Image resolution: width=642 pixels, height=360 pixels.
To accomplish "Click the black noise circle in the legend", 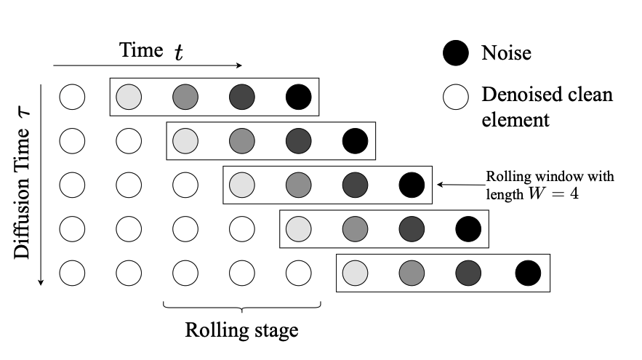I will coord(456,52).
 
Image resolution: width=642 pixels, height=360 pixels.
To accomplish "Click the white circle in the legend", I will coord(456,95).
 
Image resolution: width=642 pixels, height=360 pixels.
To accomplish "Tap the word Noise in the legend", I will coord(506,52).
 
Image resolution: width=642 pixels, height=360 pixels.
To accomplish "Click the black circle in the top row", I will coord(299,96).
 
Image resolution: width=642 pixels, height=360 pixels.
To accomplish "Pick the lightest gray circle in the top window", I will coord(129,96).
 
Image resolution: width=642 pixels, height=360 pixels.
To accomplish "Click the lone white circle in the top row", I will coord(72,96).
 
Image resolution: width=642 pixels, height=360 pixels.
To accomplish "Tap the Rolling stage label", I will coord(241,331).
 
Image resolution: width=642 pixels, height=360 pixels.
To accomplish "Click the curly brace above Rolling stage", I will coord(241,306).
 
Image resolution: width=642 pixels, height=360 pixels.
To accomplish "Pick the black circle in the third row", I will coord(412,185).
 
